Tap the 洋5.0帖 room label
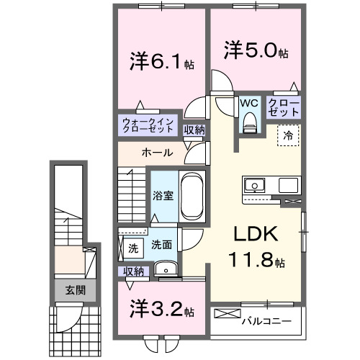click(x=256, y=53)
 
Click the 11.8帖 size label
click(x=253, y=259)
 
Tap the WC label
click(x=250, y=102)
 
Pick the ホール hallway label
click(x=156, y=153)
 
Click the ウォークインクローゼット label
click(x=148, y=125)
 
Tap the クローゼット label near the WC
click(x=284, y=108)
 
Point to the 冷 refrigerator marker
click(x=287, y=135)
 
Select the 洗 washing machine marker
click(x=132, y=248)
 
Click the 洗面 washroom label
click(x=161, y=245)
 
